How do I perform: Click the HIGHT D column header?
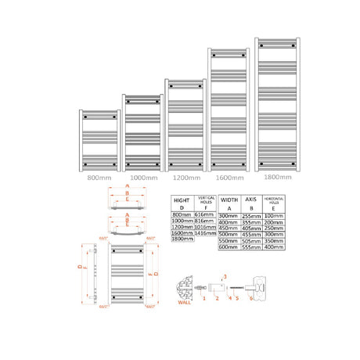(x=182, y=203)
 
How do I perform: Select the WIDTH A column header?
(x=229, y=203)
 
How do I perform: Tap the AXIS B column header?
(x=252, y=203)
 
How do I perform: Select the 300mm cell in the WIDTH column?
(x=229, y=214)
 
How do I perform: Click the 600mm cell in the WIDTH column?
(x=229, y=248)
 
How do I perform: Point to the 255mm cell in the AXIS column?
(x=252, y=214)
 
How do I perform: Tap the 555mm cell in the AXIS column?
(x=252, y=248)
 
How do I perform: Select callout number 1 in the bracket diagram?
(x=204, y=298)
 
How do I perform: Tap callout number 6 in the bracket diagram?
(x=251, y=298)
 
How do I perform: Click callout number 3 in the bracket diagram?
(x=224, y=276)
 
